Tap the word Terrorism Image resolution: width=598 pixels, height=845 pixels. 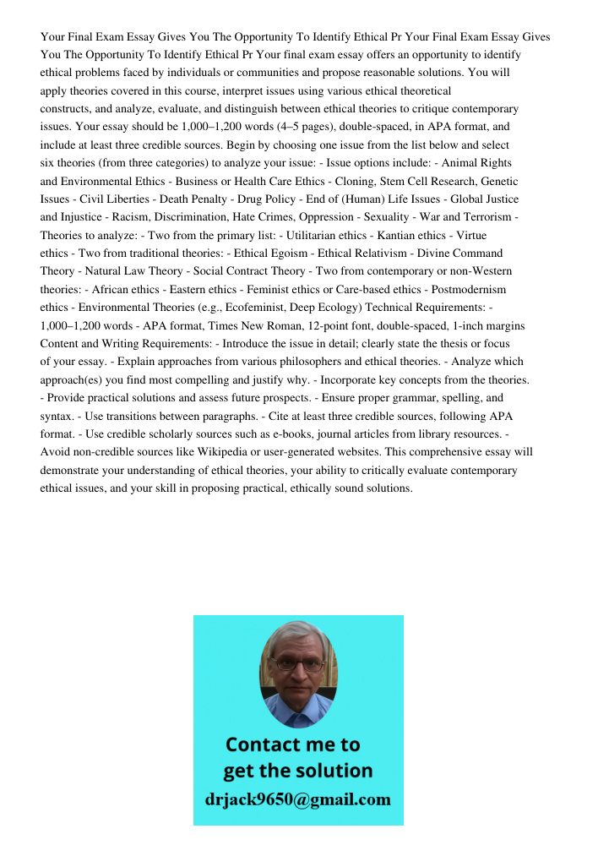click(483, 217)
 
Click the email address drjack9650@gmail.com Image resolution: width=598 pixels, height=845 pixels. click(298, 799)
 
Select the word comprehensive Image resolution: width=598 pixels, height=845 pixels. click(454, 451)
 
